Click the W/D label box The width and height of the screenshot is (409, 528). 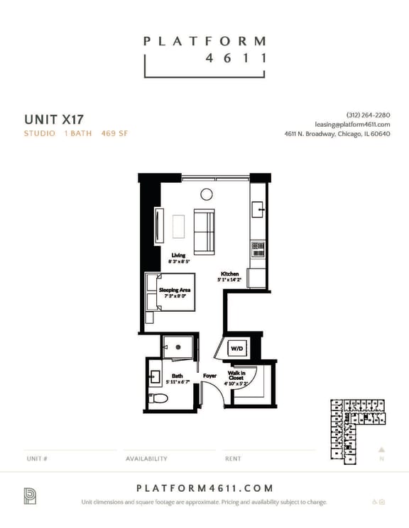coord(236,349)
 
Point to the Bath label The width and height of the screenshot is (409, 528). coord(176,378)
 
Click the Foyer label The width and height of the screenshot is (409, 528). coord(209,376)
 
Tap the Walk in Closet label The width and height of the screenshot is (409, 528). coord(237,376)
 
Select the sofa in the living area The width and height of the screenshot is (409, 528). coord(204,232)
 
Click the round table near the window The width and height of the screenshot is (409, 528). coord(207,194)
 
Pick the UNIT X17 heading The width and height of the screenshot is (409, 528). coord(54,118)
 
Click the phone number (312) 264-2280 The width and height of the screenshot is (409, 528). coord(368,115)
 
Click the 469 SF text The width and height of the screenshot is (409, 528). coord(114,133)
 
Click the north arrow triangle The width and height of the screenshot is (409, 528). coord(381,449)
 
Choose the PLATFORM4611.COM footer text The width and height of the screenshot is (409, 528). coord(204,488)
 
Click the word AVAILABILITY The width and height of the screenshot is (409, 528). coord(146,459)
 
